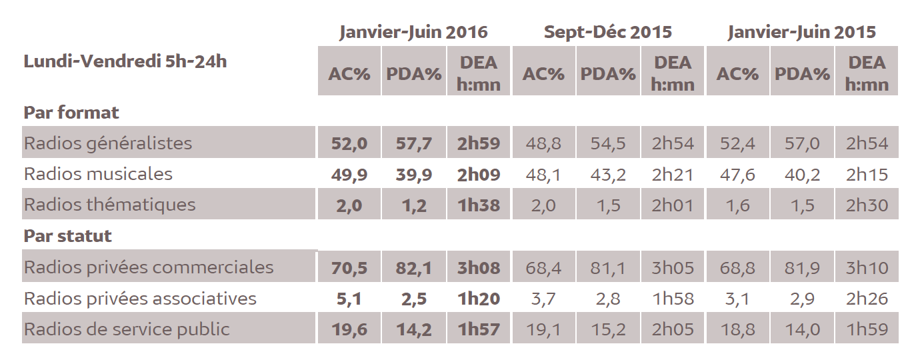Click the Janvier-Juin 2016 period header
413,32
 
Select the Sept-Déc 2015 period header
607,32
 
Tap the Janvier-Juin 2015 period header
801,32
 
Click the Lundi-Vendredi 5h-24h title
125,62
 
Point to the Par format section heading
71,113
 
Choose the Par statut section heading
68,236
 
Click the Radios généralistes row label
108,143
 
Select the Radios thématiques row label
110,205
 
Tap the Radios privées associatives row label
140,298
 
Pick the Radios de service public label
127,329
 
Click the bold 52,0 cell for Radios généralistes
349,143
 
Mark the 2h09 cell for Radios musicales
479,175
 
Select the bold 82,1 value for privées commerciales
414,268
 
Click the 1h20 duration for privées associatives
479,299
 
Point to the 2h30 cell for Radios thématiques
867,205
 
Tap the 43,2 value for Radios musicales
607,175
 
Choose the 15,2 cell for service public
607,329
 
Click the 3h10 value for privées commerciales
867,268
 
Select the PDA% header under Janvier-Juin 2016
414,73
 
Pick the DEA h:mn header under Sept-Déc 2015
673,73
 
